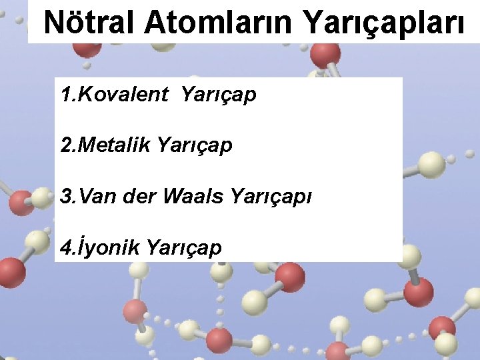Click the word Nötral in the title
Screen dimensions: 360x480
[89, 23]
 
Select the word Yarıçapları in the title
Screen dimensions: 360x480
[385, 24]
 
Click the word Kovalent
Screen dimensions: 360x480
[123, 95]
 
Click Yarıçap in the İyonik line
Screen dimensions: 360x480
[183, 249]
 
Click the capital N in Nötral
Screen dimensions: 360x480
[55, 23]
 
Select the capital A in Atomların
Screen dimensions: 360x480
[154, 23]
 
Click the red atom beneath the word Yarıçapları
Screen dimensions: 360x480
[325, 53]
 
